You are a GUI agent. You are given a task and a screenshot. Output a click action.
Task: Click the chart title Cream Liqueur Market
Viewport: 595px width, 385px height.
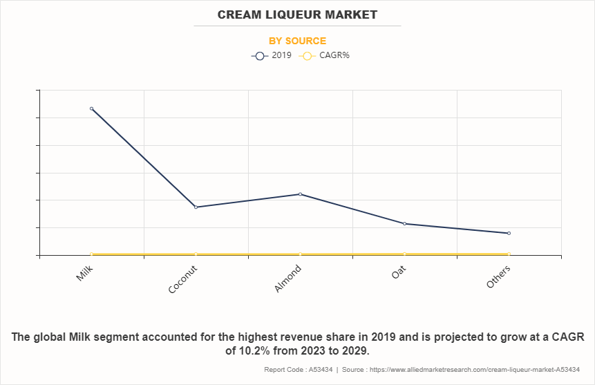pos(297,14)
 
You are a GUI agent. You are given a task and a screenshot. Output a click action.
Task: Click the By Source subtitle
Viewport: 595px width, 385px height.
pos(297,41)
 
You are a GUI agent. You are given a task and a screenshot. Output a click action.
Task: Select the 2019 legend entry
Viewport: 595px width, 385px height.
pos(272,55)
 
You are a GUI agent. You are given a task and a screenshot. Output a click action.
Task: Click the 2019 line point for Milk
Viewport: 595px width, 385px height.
pos(91,109)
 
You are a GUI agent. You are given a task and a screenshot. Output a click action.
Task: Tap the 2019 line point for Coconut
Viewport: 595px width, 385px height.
pos(196,207)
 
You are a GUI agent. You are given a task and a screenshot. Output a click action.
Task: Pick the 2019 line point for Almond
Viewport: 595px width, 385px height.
pos(300,194)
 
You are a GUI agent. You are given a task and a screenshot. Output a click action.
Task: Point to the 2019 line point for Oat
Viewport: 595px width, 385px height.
pos(404,223)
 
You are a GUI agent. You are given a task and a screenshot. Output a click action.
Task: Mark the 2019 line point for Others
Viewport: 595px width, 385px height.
pos(509,233)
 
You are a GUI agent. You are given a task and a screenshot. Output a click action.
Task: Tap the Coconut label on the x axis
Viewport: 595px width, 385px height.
pos(183,279)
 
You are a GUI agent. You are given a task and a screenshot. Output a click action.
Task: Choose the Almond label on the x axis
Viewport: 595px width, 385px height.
pos(289,278)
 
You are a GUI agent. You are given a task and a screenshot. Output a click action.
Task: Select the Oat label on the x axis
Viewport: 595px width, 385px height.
pos(399,271)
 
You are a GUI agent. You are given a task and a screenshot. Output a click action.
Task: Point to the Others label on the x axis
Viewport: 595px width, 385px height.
pos(499,276)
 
